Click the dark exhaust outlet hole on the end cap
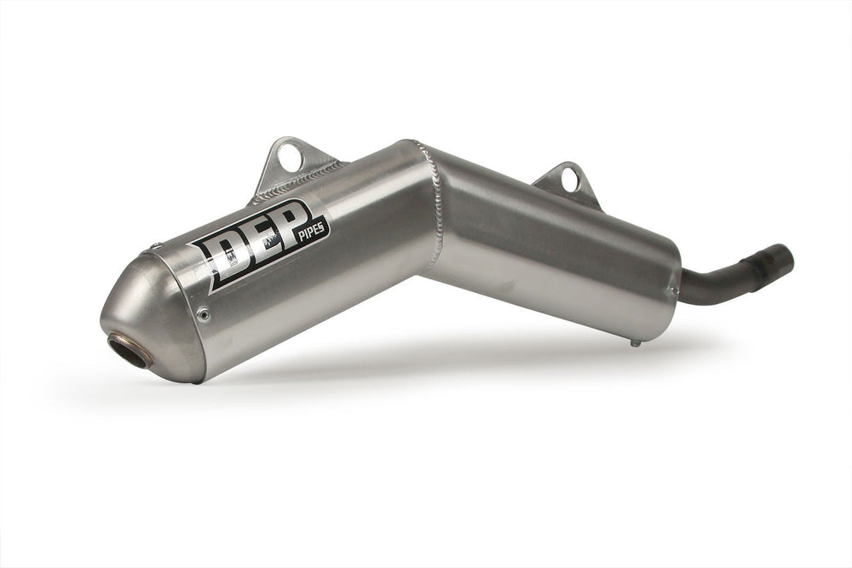pyautogui.click(x=128, y=351)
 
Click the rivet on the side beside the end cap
pyautogui.click(x=202, y=314)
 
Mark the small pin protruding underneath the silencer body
pyautogui.click(x=634, y=343)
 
